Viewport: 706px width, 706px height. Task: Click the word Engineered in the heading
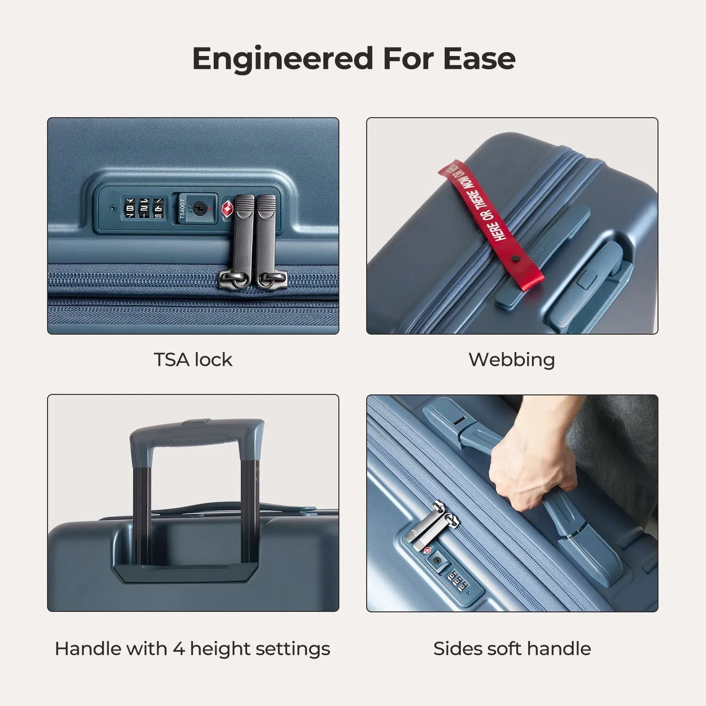(283, 59)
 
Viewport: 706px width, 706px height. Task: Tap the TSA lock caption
(193, 360)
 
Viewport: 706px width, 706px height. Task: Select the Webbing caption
(512, 360)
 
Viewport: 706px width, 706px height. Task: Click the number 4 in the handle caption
(178, 649)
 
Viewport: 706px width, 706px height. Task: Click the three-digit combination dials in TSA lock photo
(144, 208)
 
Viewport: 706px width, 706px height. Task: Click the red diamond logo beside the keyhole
(228, 209)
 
